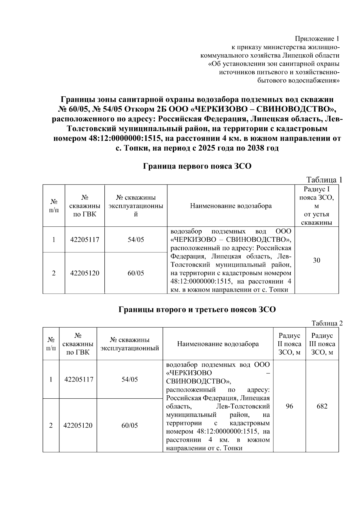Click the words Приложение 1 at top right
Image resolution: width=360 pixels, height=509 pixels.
pyautogui.click(x=317, y=39)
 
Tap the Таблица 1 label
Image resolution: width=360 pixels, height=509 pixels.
pyautogui.click(x=324, y=180)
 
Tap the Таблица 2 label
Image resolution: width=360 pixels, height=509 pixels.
pyautogui.click(x=327, y=323)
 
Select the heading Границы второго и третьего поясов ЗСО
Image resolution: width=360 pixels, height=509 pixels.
pyautogui.click(x=197, y=310)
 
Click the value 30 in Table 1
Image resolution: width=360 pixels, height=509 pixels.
pyautogui.click(x=316, y=260)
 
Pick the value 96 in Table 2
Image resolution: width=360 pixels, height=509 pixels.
pyautogui.click(x=289, y=406)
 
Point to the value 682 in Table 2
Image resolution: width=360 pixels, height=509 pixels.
pyautogui.click(x=322, y=406)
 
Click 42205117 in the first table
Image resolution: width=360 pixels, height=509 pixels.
pyautogui.click(x=85, y=240)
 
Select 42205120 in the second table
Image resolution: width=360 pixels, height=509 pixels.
pyautogui.click(x=78, y=425)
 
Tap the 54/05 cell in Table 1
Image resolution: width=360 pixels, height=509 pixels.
pyautogui.click(x=136, y=240)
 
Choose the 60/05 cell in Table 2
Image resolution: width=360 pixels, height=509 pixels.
pyautogui.click(x=130, y=425)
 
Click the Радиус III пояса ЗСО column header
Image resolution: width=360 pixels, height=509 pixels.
pyautogui.click(x=322, y=344)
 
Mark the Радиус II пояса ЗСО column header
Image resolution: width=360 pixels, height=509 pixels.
pyautogui.click(x=289, y=344)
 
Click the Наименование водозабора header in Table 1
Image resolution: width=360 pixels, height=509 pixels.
pyautogui.click(x=231, y=206)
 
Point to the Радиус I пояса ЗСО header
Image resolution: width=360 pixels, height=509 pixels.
pyautogui.click(x=316, y=205)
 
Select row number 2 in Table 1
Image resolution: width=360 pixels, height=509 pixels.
pyautogui.click(x=54, y=273)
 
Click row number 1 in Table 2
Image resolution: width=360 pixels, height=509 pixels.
pyautogui.click(x=51, y=379)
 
